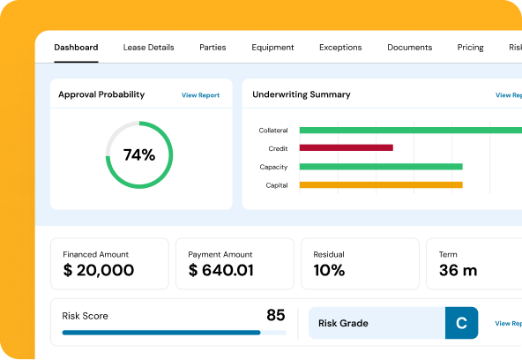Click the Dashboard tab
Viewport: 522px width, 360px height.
pyautogui.click(x=76, y=48)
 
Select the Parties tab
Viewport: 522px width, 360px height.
pyautogui.click(x=213, y=48)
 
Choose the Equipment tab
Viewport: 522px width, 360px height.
pyautogui.click(x=272, y=48)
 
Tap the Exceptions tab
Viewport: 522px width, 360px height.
pyautogui.click(x=340, y=48)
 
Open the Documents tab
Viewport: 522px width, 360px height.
pyautogui.click(x=409, y=48)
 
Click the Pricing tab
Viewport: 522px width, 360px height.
pyautogui.click(x=470, y=48)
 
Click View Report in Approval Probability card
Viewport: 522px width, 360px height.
pyautogui.click(x=200, y=95)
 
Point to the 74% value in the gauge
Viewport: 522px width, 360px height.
pyautogui.click(x=139, y=155)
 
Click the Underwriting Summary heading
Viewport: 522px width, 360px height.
pyautogui.click(x=301, y=94)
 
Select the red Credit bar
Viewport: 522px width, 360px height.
pyautogui.click(x=346, y=148)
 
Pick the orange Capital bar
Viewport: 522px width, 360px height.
pyautogui.click(x=381, y=185)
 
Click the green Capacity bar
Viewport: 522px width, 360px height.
pyautogui.click(x=381, y=167)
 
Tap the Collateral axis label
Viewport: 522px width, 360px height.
pyautogui.click(x=273, y=131)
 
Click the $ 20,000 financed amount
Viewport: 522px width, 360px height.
pyautogui.click(x=99, y=271)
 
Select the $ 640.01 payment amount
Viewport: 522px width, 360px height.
pyautogui.click(x=221, y=271)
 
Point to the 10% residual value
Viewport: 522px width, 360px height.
pyautogui.click(x=329, y=271)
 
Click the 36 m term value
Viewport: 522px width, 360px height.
pyautogui.click(x=458, y=271)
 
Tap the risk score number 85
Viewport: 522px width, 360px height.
pyautogui.click(x=275, y=315)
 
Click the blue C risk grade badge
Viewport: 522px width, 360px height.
pyautogui.click(x=461, y=323)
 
